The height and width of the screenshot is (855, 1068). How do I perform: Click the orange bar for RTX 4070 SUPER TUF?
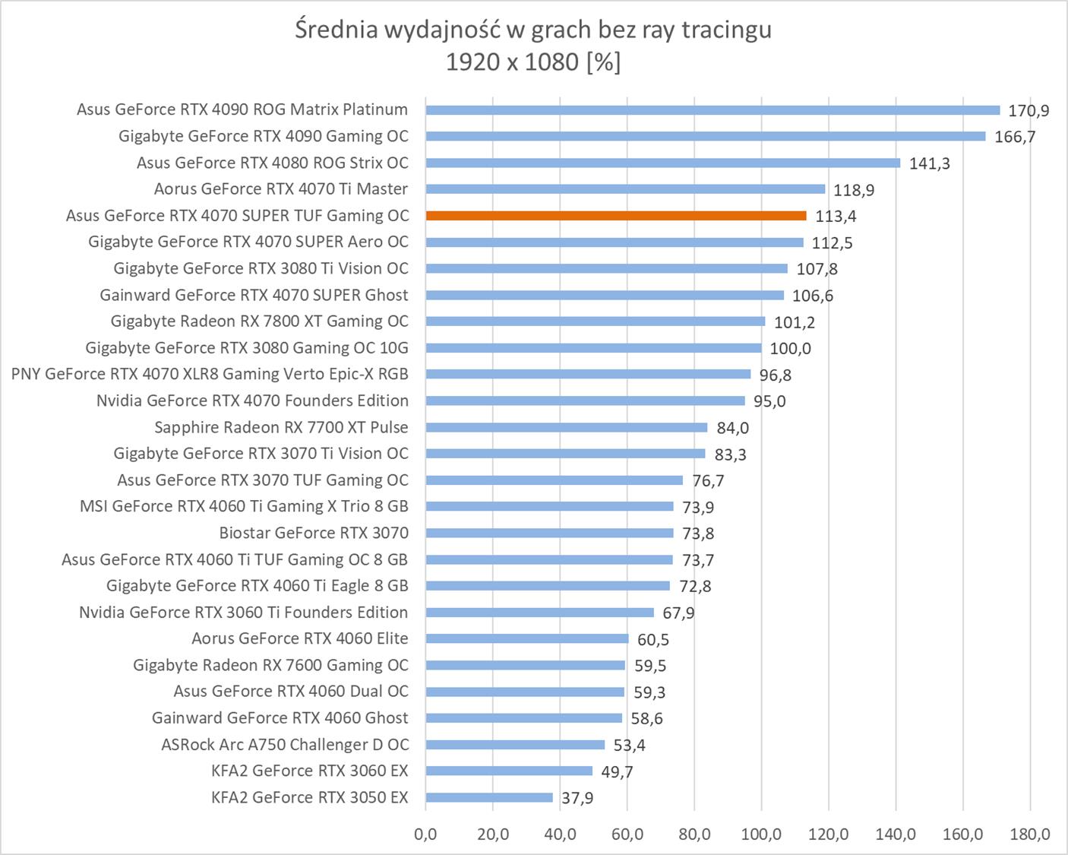(616, 216)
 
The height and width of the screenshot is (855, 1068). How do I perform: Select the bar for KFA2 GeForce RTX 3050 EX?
(489, 797)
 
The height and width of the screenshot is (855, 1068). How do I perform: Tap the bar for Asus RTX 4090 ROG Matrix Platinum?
(713, 110)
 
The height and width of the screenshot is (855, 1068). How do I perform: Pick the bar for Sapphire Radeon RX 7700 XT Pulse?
(567, 428)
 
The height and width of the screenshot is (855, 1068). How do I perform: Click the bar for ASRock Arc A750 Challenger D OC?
(515, 745)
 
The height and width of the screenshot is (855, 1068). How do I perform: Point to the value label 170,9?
(1029, 111)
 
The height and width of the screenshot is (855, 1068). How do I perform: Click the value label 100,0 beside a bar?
(791, 349)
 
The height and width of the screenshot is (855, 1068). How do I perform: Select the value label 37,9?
(577, 798)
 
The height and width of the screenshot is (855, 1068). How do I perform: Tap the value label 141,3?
(930, 163)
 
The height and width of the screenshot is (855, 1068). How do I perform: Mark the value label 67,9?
(678, 613)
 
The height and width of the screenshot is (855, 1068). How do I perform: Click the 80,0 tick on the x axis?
(694, 834)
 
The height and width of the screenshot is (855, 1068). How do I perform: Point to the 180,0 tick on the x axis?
(1030, 834)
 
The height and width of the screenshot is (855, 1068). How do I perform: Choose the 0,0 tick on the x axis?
(426, 834)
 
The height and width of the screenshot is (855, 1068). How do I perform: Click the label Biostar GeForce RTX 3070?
(314, 533)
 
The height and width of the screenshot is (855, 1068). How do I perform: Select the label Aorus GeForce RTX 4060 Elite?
(300, 638)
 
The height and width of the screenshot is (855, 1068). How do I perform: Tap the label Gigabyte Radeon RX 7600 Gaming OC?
(270, 665)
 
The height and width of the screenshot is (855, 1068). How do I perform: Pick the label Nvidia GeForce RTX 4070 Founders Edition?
(252, 401)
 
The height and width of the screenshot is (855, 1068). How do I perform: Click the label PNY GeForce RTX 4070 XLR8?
(210, 374)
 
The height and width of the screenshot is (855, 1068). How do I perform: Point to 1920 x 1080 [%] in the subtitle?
(533, 62)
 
